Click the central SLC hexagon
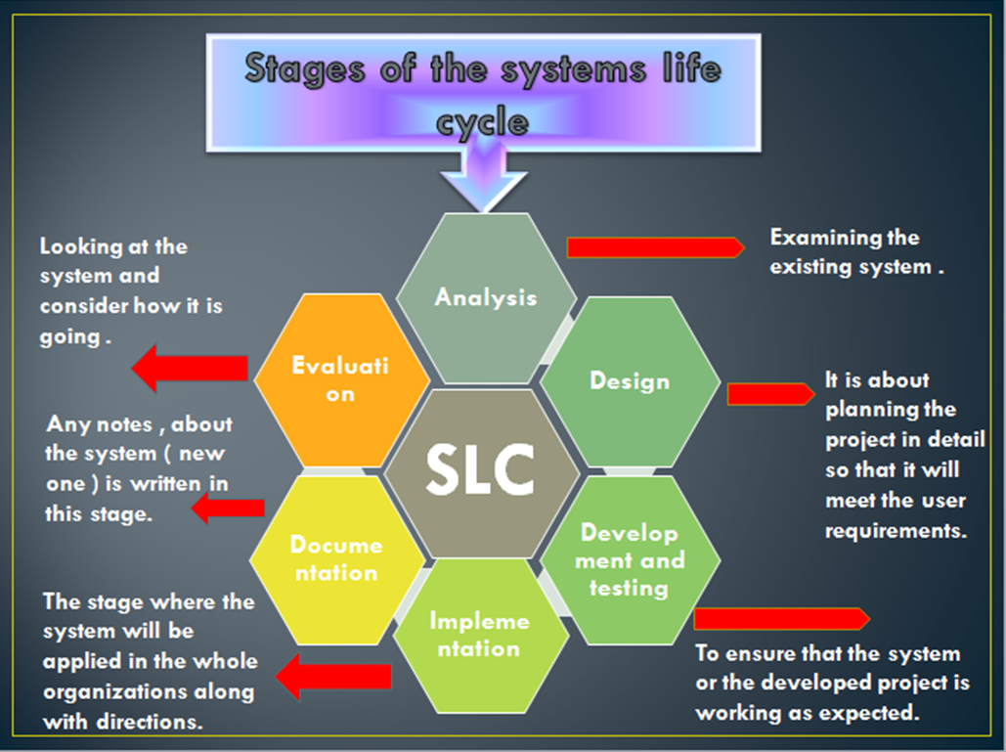pos(479,472)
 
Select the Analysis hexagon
pos(486,296)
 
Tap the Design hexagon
pos(630,381)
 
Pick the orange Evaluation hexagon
pos(340,378)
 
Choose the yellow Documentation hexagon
pos(336,558)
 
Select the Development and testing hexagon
pos(629,560)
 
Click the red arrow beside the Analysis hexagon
pos(655,247)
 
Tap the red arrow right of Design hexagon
pos(769,394)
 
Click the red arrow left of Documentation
pos(227,508)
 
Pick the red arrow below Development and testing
pos(780,619)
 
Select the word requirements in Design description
pos(895,531)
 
